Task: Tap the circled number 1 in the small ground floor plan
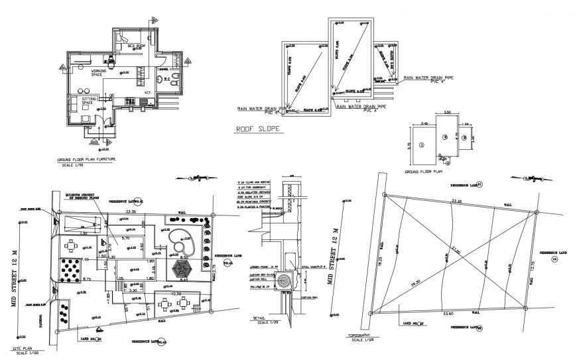click(420, 144)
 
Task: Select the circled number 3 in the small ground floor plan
click(465, 138)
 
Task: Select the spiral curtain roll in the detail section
click(285, 280)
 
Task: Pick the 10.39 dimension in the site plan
click(176, 293)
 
